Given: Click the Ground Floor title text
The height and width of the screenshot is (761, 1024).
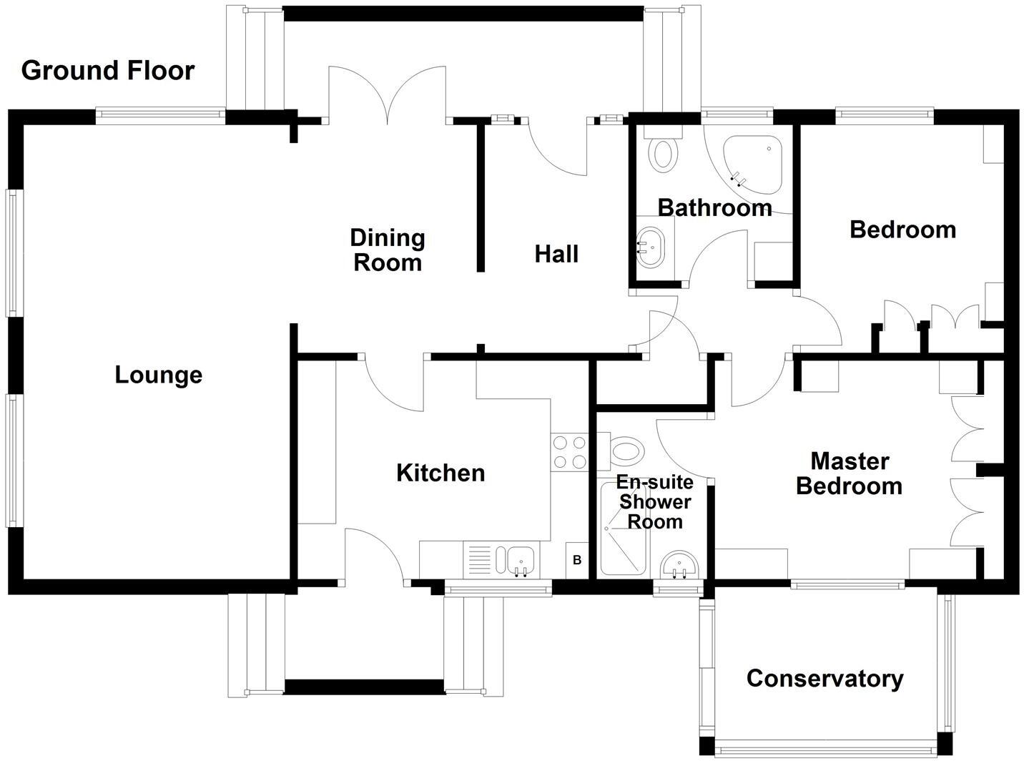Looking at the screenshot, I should click(108, 71).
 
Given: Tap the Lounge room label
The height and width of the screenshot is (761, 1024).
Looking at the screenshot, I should click(158, 375).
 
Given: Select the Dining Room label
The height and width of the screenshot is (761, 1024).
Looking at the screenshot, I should click(388, 250).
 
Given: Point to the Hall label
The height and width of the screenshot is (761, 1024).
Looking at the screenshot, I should click(556, 254).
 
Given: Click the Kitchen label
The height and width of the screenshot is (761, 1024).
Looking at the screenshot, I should click(440, 473).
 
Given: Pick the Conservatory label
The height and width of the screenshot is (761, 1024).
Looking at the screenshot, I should click(824, 678).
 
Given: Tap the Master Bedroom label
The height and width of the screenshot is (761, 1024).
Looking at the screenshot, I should click(849, 473).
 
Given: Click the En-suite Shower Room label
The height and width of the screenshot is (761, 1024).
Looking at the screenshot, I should click(655, 502).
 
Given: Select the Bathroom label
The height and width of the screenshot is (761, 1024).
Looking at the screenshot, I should click(714, 208).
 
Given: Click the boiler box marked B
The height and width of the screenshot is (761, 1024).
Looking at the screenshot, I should click(577, 560).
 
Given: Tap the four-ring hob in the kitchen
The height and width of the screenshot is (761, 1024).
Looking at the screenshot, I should click(569, 452).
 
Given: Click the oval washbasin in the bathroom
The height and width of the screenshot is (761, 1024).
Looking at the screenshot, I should click(651, 247).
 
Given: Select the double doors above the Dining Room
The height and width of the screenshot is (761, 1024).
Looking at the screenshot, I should click(387, 97).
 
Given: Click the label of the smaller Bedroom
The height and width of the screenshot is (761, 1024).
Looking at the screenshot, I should click(902, 230).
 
